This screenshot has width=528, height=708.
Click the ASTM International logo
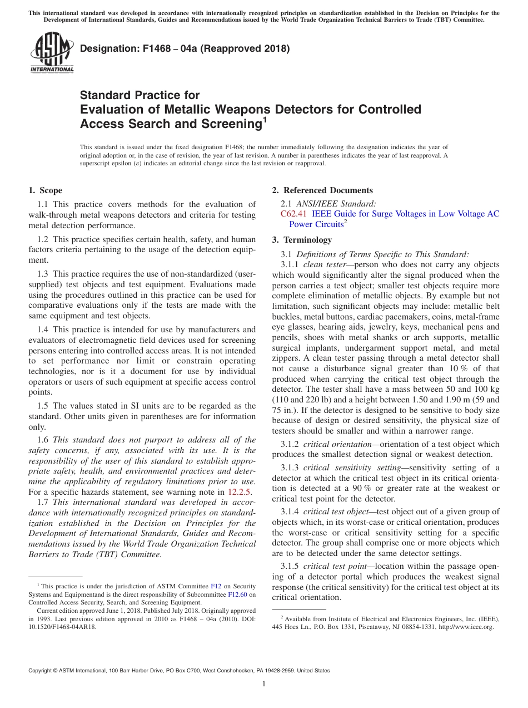(x=51, y=53)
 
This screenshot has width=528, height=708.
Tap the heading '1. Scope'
(x=46, y=190)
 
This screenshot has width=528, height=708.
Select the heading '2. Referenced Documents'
(x=322, y=190)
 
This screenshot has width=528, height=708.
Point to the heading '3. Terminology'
(x=302, y=240)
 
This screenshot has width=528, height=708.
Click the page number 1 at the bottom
(x=264, y=684)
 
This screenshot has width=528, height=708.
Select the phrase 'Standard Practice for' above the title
(x=140, y=95)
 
